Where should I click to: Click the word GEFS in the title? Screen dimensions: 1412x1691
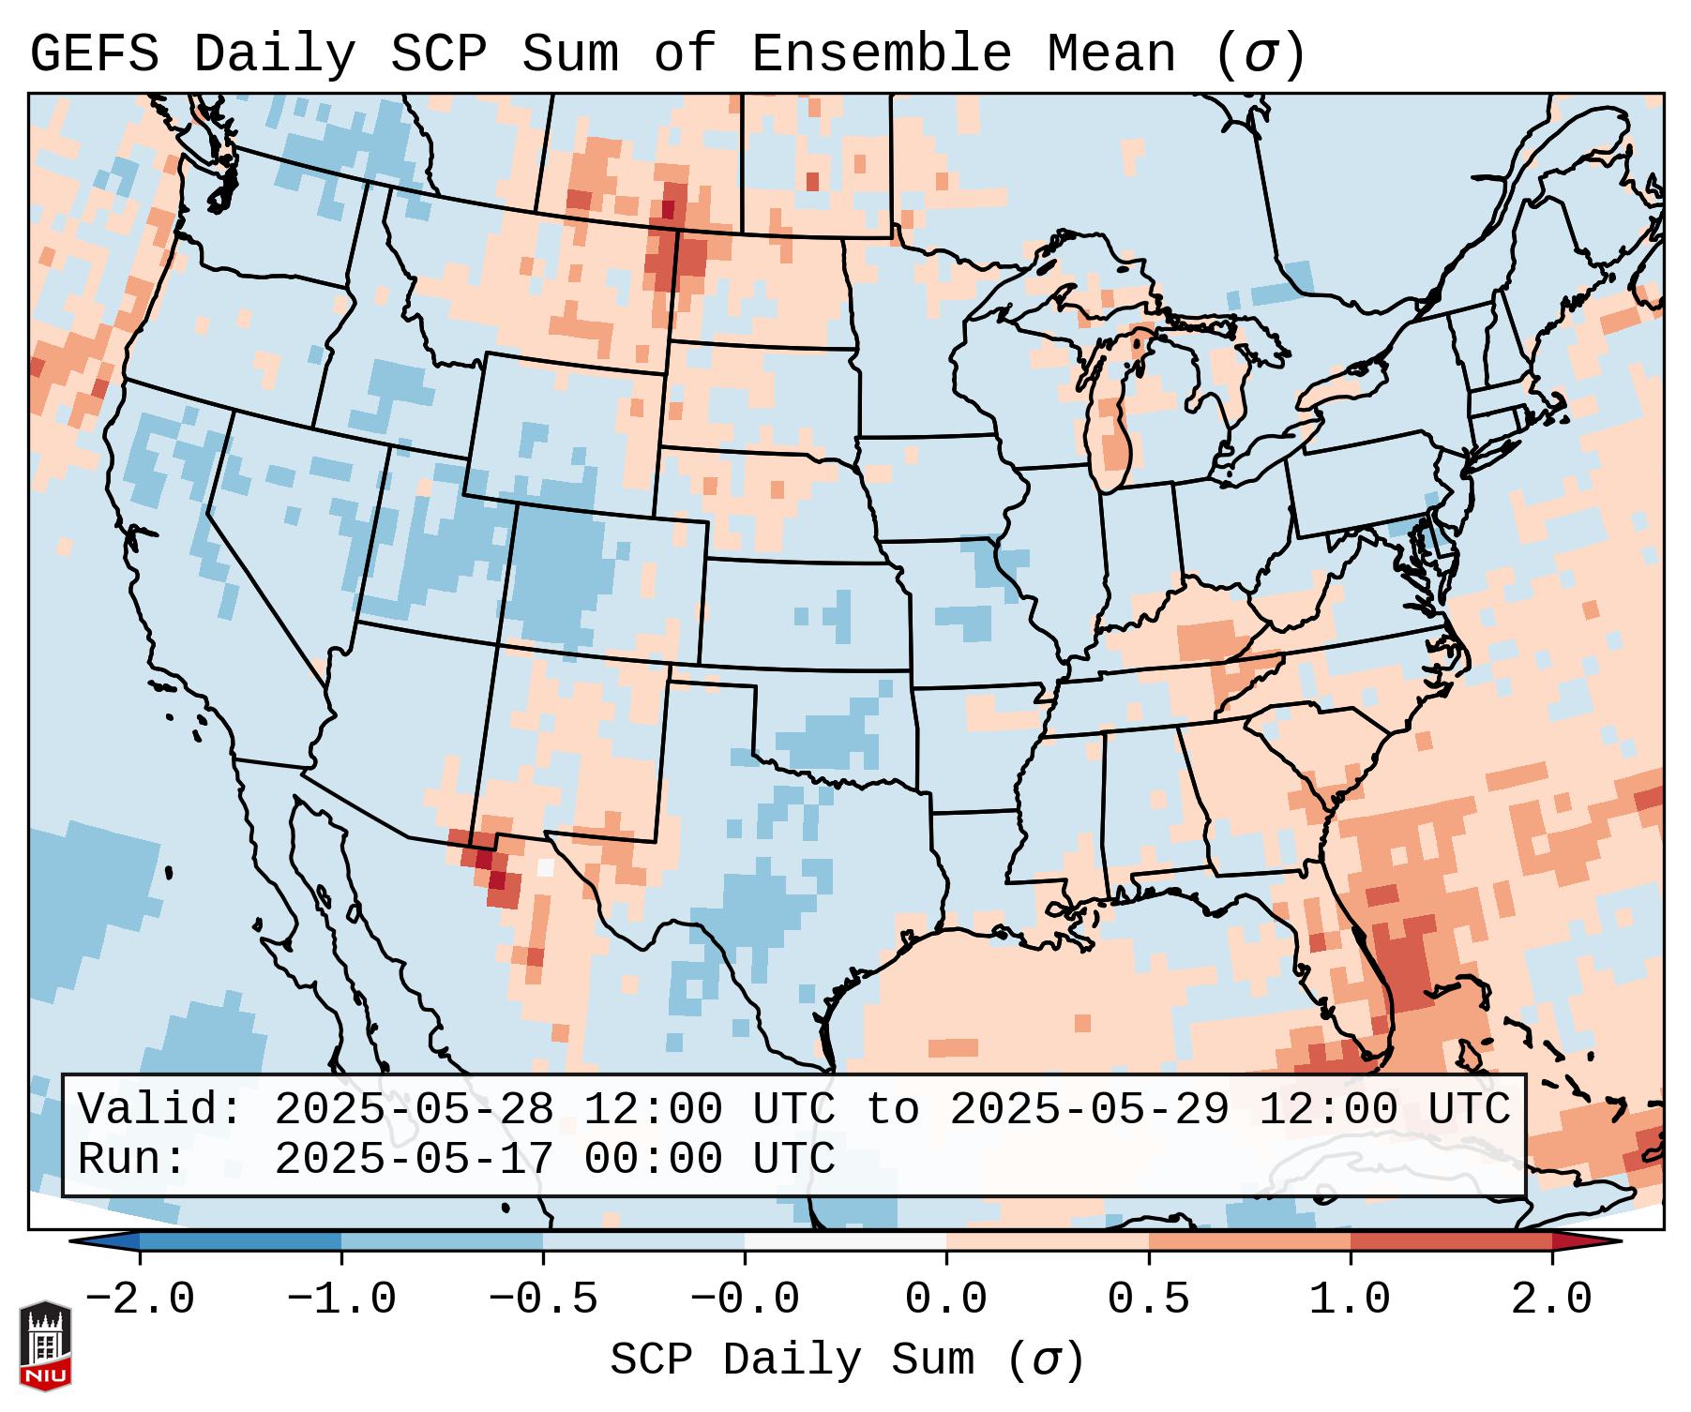[x=94, y=54]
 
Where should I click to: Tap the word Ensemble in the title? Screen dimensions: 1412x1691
[x=881, y=54]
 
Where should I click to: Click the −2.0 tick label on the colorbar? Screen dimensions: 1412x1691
[x=140, y=1299]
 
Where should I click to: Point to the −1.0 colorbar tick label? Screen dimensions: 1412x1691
[x=341, y=1299]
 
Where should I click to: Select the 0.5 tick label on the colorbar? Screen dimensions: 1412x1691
[x=1149, y=1299]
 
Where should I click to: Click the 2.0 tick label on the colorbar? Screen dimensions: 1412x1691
[x=1552, y=1299]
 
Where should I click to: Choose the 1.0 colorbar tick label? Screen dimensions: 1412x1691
[x=1351, y=1299]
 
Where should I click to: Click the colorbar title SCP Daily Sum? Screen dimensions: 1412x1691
[x=793, y=1359]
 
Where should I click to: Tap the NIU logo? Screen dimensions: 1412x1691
[x=45, y=1345]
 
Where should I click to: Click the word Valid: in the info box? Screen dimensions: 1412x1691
[x=159, y=1109]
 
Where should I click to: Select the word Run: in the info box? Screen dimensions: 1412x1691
[x=132, y=1159]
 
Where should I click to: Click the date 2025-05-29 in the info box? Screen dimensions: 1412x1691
[x=1089, y=1109]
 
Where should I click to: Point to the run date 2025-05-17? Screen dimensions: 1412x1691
[x=414, y=1159]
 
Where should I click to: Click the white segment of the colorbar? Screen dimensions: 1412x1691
[x=845, y=1241]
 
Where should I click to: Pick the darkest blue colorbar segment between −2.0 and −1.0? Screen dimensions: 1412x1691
[x=240, y=1241]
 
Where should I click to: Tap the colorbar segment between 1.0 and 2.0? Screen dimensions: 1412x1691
[x=1451, y=1241]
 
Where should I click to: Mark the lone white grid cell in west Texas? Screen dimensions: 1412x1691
[x=545, y=867]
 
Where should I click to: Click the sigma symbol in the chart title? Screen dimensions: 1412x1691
[x=1260, y=54]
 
